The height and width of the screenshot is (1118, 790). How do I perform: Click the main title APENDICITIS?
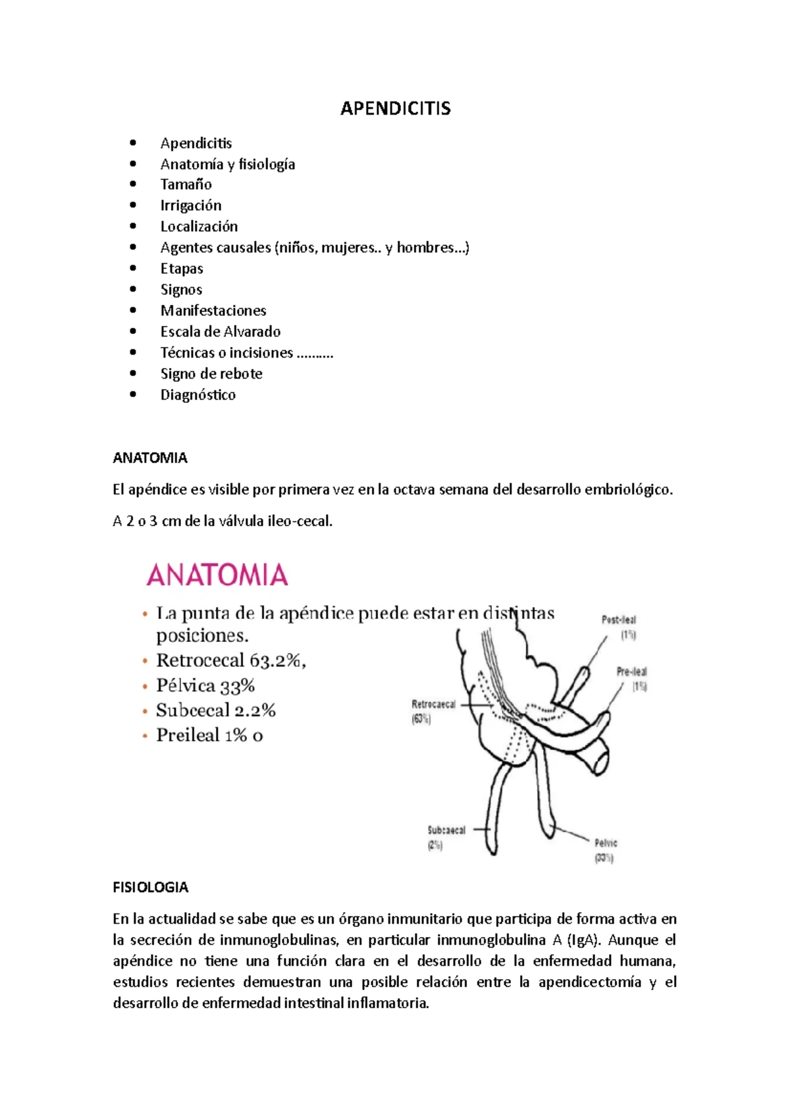(x=395, y=109)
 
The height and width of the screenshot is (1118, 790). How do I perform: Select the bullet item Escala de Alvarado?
(x=221, y=332)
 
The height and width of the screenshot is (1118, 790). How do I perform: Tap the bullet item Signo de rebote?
(x=211, y=374)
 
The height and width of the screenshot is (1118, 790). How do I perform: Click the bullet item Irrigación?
(x=191, y=205)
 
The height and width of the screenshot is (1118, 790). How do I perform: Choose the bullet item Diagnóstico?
(x=198, y=395)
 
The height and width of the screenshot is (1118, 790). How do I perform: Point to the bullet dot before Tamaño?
(x=134, y=184)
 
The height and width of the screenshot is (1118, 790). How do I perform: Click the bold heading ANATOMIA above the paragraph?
(x=150, y=458)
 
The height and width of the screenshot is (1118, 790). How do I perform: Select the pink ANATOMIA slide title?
(x=217, y=575)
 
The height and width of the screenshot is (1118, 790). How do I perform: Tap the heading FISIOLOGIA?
(x=151, y=888)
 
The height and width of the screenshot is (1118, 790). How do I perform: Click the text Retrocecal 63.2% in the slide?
(x=230, y=660)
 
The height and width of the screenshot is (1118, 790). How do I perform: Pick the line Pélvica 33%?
(x=205, y=686)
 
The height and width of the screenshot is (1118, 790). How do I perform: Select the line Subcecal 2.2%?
(x=215, y=710)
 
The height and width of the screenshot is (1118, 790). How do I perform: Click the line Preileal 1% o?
(x=209, y=735)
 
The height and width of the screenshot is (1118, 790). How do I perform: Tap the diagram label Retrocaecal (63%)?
(x=433, y=711)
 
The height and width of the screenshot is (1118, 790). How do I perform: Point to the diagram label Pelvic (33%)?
(x=606, y=850)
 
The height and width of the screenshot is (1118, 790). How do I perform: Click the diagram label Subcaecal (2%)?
(x=446, y=837)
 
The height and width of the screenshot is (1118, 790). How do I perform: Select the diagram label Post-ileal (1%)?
(x=619, y=627)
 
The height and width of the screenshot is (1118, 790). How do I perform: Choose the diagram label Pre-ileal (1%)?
(x=632, y=678)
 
